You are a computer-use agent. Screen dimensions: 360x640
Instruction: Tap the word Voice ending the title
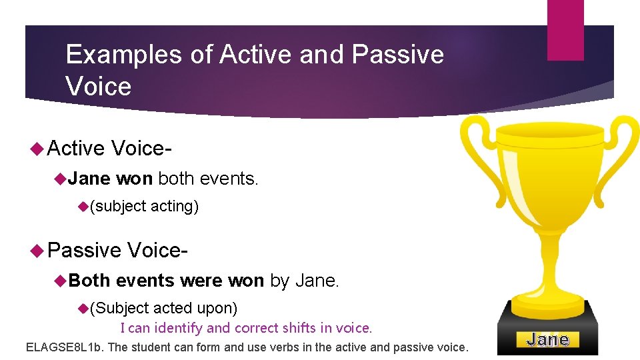coord(99,87)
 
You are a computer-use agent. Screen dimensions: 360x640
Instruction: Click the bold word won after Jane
coord(135,179)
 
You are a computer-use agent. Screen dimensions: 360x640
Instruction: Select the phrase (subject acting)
coord(144,207)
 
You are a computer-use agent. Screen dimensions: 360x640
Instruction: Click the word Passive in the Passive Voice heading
coord(85,250)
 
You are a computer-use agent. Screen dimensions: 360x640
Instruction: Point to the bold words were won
coord(222,281)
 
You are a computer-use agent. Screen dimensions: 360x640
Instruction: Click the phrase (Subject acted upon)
coord(163,308)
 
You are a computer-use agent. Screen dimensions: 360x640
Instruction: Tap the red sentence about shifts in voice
coord(246,328)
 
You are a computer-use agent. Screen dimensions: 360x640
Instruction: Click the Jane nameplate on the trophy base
coord(547,340)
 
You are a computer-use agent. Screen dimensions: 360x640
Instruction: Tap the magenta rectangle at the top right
coord(565,30)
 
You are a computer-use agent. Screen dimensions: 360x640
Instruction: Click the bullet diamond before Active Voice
coord(38,148)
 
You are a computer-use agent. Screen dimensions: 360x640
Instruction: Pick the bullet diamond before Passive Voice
coord(38,250)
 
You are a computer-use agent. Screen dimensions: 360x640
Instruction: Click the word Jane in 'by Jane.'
coord(316,281)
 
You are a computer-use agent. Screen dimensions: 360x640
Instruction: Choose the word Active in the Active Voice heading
coord(77,148)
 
